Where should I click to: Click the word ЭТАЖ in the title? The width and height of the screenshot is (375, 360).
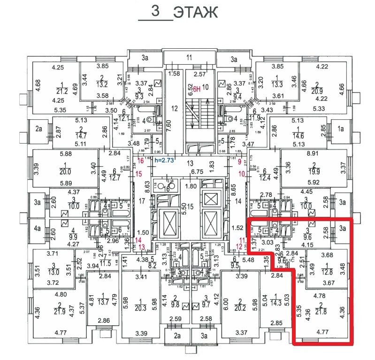click(195, 13)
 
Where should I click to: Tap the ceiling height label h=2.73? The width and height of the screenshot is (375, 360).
click(164, 161)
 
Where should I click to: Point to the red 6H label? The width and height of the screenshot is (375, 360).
click(197, 88)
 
